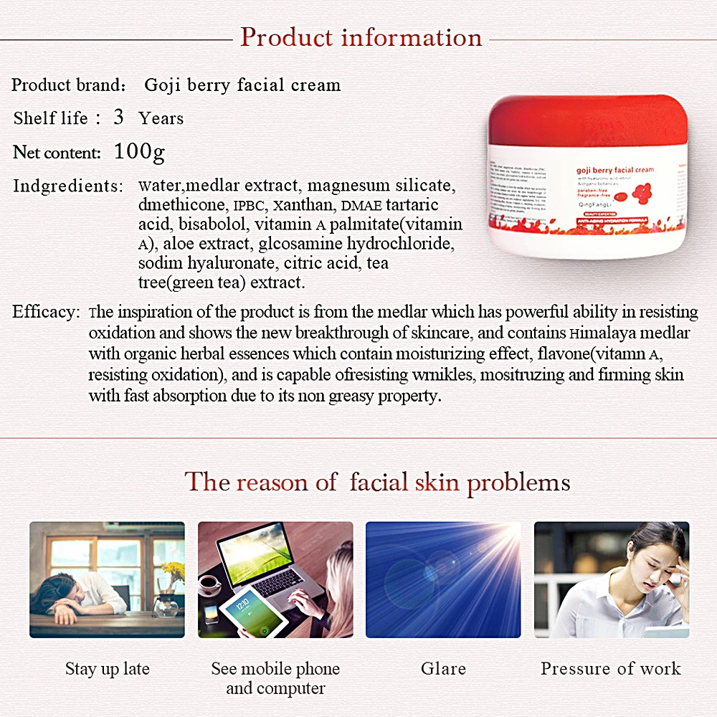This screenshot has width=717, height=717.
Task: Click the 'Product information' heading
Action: coord(361,37)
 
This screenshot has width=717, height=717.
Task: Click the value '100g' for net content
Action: coord(139,152)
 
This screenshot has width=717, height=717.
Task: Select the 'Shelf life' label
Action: coord(50,118)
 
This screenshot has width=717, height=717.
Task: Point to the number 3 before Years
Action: coord(118,118)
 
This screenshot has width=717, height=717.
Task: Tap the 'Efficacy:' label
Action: coord(45,313)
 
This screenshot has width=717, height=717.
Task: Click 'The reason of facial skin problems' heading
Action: coord(377,482)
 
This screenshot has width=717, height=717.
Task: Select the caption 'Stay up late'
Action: coord(108,669)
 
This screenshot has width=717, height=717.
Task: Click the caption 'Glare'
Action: coord(443,669)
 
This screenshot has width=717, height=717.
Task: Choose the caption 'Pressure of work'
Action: coord(611,669)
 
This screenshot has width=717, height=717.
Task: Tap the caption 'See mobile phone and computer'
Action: coord(275,678)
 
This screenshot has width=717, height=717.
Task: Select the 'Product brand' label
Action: coord(68,85)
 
